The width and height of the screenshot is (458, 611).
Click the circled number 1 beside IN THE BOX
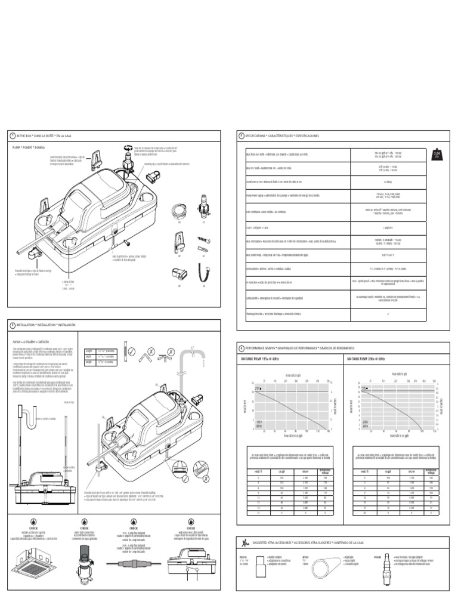tap(11, 136)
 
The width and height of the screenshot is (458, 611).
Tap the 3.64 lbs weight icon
tap(437, 155)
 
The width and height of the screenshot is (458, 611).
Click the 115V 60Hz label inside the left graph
tap(259, 424)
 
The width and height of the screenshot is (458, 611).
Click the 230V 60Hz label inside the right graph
tap(365, 424)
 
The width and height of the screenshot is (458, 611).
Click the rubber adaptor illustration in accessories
tap(263, 567)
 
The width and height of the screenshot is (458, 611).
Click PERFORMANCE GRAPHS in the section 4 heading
tap(262, 347)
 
